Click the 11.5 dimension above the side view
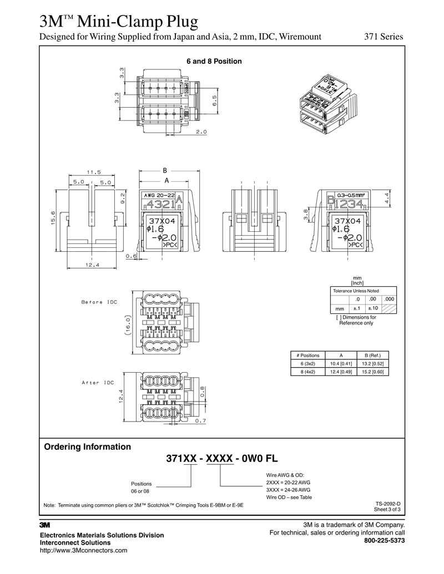pos(93,172)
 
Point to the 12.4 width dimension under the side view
pos(92,265)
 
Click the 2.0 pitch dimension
pos(201,132)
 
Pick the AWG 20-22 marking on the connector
pos(158,195)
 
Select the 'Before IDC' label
pos(99,302)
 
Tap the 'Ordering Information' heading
pos(87,446)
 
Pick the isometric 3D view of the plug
pos(327,102)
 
